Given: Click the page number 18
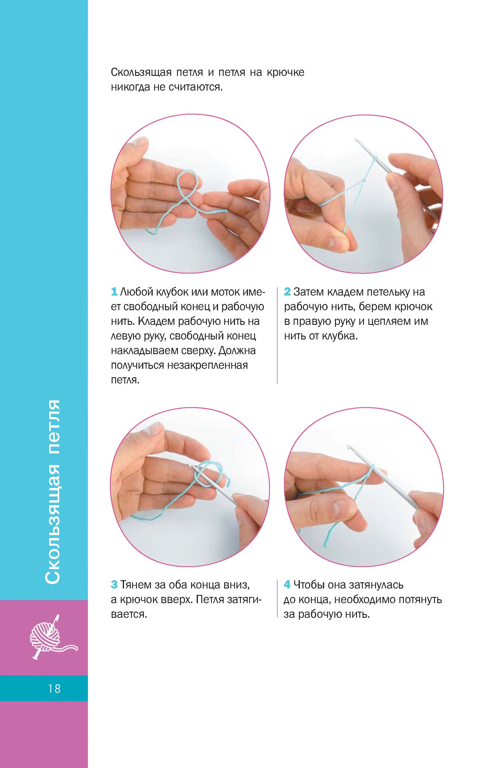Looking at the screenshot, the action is (54, 689).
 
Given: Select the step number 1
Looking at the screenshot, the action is (114, 292).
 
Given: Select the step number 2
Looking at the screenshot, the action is (287, 292).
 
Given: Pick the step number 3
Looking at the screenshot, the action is (114, 585).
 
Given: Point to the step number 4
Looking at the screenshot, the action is (287, 585).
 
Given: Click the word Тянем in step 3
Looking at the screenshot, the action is (136, 585).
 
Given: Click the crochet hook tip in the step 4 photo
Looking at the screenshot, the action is (348, 447).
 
